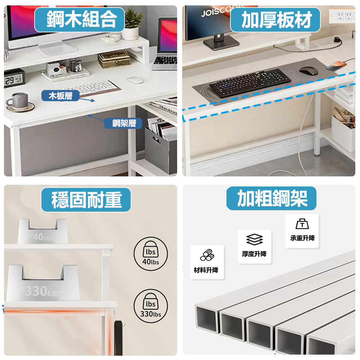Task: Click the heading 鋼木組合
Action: click(x=80, y=19)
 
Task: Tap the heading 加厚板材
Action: click(x=275, y=20)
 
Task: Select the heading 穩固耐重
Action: click(x=86, y=200)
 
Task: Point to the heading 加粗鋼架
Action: click(x=271, y=198)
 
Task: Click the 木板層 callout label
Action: click(x=60, y=96)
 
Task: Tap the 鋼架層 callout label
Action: click(x=123, y=123)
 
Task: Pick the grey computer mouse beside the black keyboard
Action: click(x=309, y=70)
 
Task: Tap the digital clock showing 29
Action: click(x=13, y=78)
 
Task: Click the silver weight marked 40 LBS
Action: click(x=43, y=231)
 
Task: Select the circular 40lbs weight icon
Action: click(x=150, y=254)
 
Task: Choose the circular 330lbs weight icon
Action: click(x=150, y=306)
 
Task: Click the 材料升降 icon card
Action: click(x=207, y=262)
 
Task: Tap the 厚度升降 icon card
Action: click(x=255, y=247)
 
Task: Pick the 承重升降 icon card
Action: click(x=302, y=231)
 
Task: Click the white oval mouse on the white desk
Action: click(x=135, y=80)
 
